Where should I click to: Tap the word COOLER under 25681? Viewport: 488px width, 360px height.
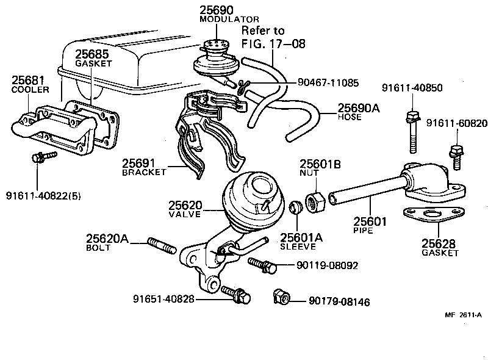[x=26, y=90]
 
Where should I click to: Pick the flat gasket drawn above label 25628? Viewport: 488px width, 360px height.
[x=431, y=215]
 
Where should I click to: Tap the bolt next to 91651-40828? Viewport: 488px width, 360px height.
[x=235, y=295]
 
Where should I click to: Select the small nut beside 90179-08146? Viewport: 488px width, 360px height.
[x=282, y=297]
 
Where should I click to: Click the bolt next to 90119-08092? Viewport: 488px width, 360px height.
[x=263, y=265]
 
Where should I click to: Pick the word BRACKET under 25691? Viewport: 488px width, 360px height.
[x=144, y=173]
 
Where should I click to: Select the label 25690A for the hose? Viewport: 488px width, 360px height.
[x=359, y=108]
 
